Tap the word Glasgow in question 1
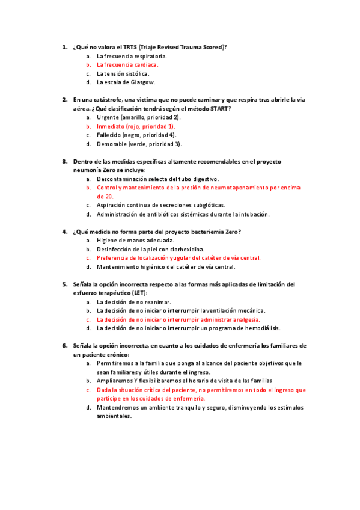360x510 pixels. pyautogui.click(x=143, y=82)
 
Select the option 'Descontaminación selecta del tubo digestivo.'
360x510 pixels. pyautogui.click(x=157, y=179)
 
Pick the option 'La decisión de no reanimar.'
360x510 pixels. pyautogui.click(x=133, y=302)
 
